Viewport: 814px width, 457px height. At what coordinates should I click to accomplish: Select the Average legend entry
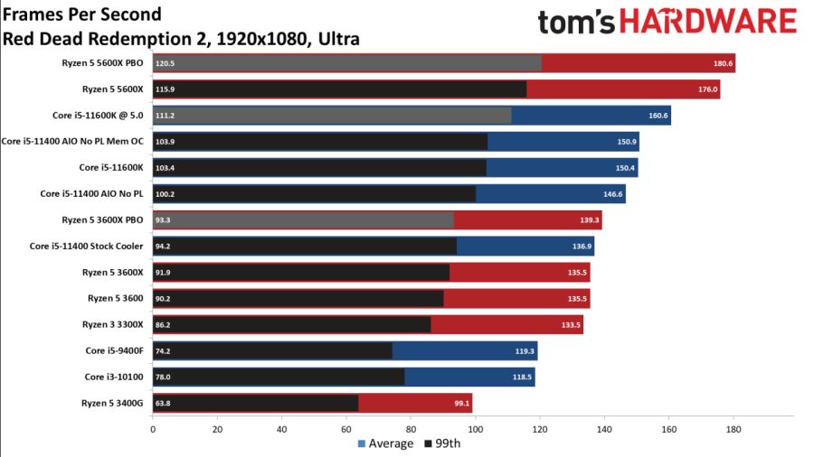(x=386, y=443)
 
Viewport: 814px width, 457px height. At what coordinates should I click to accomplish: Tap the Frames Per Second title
(x=82, y=14)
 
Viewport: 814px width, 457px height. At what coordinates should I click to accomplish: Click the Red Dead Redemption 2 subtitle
(x=181, y=39)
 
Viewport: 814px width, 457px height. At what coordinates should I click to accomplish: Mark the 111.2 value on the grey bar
(x=165, y=116)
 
